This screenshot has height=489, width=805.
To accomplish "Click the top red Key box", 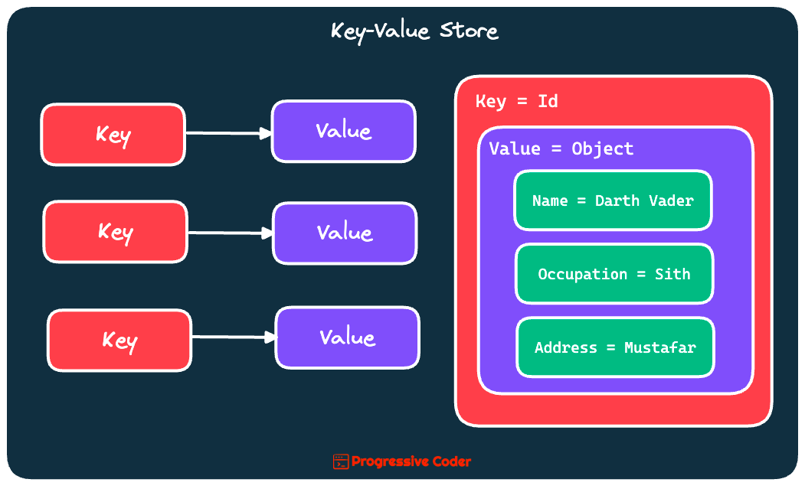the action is point(113,135).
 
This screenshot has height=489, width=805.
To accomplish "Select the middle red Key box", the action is point(115,232).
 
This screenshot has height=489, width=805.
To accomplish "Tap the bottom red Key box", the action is point(119,341).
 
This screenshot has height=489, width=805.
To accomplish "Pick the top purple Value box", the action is point(343,131).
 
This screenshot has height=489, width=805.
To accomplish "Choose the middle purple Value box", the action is point(345,233).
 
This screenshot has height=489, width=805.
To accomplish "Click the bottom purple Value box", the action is point(347,337).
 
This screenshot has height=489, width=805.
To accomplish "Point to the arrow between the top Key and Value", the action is point(228,133).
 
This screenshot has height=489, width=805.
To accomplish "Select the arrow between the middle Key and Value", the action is point(230,233).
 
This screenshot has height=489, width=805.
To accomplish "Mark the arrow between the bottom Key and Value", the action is point(233,337).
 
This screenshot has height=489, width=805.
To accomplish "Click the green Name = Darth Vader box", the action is point(613,200).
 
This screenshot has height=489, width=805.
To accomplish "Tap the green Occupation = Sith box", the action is point(614,274).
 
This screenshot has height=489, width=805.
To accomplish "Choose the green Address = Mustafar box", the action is point(615,347).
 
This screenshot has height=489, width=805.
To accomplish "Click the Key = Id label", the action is point(517,101).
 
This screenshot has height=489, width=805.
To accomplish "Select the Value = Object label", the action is point(561,148).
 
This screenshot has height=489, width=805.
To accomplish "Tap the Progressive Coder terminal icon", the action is point(341,461).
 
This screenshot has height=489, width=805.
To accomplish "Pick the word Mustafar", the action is point(659,347).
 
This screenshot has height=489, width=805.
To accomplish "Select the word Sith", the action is point(672,274).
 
